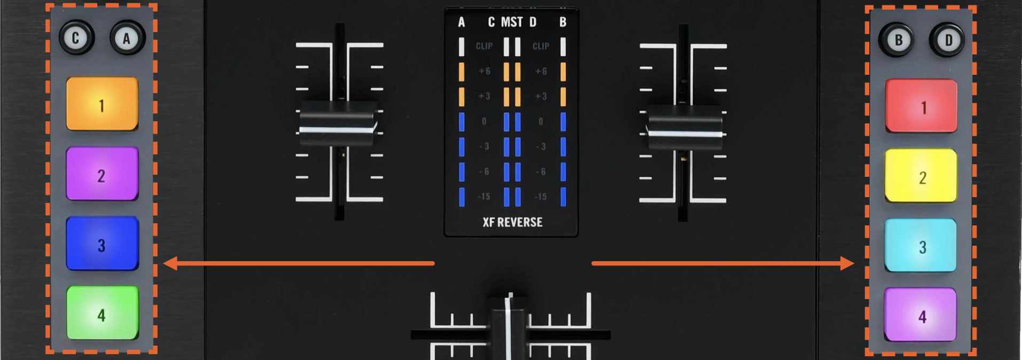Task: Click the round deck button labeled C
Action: [76, 38]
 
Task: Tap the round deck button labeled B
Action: [898, 40]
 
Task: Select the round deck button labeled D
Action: [948, 40]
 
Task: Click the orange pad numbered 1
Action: [102, 104]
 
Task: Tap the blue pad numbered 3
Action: [102, 244]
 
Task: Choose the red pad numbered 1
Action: [921, 106]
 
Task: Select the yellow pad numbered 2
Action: [921, 176]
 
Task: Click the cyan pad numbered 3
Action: [921, 246]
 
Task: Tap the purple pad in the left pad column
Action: [102, 174]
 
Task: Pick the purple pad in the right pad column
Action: [921, 315]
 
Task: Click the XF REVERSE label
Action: [512, 222]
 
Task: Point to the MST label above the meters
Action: [512, 22]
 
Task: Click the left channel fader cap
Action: [337, 124]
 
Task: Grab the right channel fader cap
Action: [685, 128]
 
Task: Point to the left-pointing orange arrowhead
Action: [170, 263]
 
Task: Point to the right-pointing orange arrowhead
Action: [847, 263]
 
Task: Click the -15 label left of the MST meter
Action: [484, 197]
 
